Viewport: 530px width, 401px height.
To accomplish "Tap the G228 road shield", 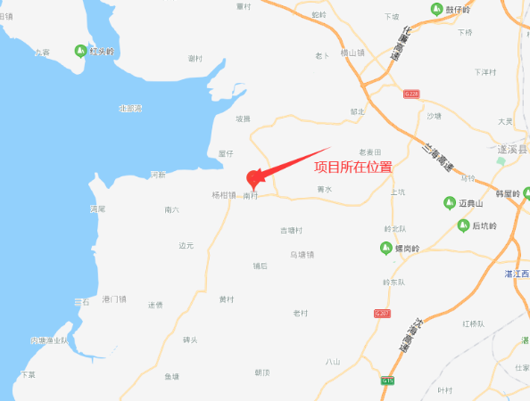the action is [410, 93].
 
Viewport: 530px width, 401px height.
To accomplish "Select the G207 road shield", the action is [383, 314].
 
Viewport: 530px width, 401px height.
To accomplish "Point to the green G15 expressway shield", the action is [387, 381].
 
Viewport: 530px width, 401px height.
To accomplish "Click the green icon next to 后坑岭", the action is [462, 225].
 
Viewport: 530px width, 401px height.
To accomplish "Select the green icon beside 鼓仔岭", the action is [436, 10].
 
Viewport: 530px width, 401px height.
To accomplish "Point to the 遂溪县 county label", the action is [512, 150].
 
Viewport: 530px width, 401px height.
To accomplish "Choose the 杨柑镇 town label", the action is [223, 195].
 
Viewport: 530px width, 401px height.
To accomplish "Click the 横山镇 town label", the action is [353, 53].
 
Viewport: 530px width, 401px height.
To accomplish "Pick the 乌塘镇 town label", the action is [302, 254].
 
